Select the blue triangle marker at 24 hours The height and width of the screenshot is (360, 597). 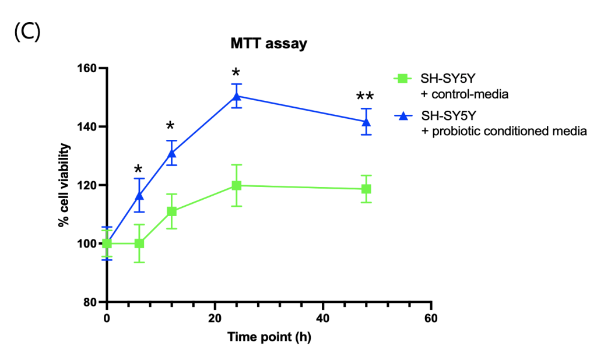(x=236, y=96)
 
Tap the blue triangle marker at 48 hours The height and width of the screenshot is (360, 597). (x=366, y=122)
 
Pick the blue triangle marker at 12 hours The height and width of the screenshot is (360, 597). (x=171, y=153)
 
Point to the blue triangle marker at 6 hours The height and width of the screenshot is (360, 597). (x=139, y=195)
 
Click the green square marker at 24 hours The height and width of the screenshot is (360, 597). (x=236, y=185)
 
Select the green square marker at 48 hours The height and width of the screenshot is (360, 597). (x=366, y=189)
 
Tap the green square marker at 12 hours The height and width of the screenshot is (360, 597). (x=171, y=211)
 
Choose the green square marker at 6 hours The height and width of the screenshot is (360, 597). (x=139, y=243)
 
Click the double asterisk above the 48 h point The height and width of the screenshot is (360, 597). (x=366, y=97)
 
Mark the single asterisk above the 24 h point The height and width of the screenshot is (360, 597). (x=236, y=74)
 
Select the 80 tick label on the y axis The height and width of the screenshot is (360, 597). (x=90, y=302)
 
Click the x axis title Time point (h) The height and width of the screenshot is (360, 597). (x=269, y=337)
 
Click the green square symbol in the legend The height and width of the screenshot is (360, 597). (x=401, y=77)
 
